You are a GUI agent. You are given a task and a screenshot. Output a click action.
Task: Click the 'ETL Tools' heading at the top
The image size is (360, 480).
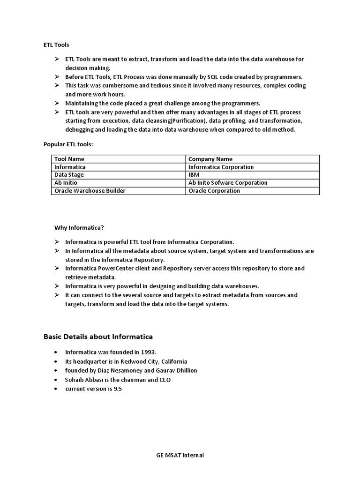tap(56, 45)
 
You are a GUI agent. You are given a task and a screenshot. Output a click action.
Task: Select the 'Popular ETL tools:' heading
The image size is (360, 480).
tap(68, 144)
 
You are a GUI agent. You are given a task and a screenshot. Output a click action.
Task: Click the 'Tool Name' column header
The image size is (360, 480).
tap(69, 159)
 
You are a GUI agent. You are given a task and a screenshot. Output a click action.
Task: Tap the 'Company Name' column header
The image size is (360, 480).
tap(210, 159)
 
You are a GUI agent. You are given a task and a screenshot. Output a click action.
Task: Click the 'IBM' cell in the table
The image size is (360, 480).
tap(194, 175)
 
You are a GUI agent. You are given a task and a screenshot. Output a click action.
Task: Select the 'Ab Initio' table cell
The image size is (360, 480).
tap(66, 183)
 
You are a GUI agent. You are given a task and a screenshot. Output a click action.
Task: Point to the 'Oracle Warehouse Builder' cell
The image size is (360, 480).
tap(90, 191)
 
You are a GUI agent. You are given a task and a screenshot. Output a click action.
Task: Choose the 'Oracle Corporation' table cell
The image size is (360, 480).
tap(214, 191)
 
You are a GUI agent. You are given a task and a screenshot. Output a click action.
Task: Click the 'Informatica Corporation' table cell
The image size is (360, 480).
tap(221, 167)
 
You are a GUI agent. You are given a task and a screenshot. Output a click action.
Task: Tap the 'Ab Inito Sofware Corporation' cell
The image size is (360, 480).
tap(228, 183)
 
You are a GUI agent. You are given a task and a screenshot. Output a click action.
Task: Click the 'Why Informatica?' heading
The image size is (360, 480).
tap(79, 228)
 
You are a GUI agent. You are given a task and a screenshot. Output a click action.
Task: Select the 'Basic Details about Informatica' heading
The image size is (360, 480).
tap(98, 337)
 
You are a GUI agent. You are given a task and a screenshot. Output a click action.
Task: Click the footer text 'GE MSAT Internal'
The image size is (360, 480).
tap(180, 455)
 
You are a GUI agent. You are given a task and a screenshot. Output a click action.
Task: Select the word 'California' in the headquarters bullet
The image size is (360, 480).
tap(174, 361)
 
